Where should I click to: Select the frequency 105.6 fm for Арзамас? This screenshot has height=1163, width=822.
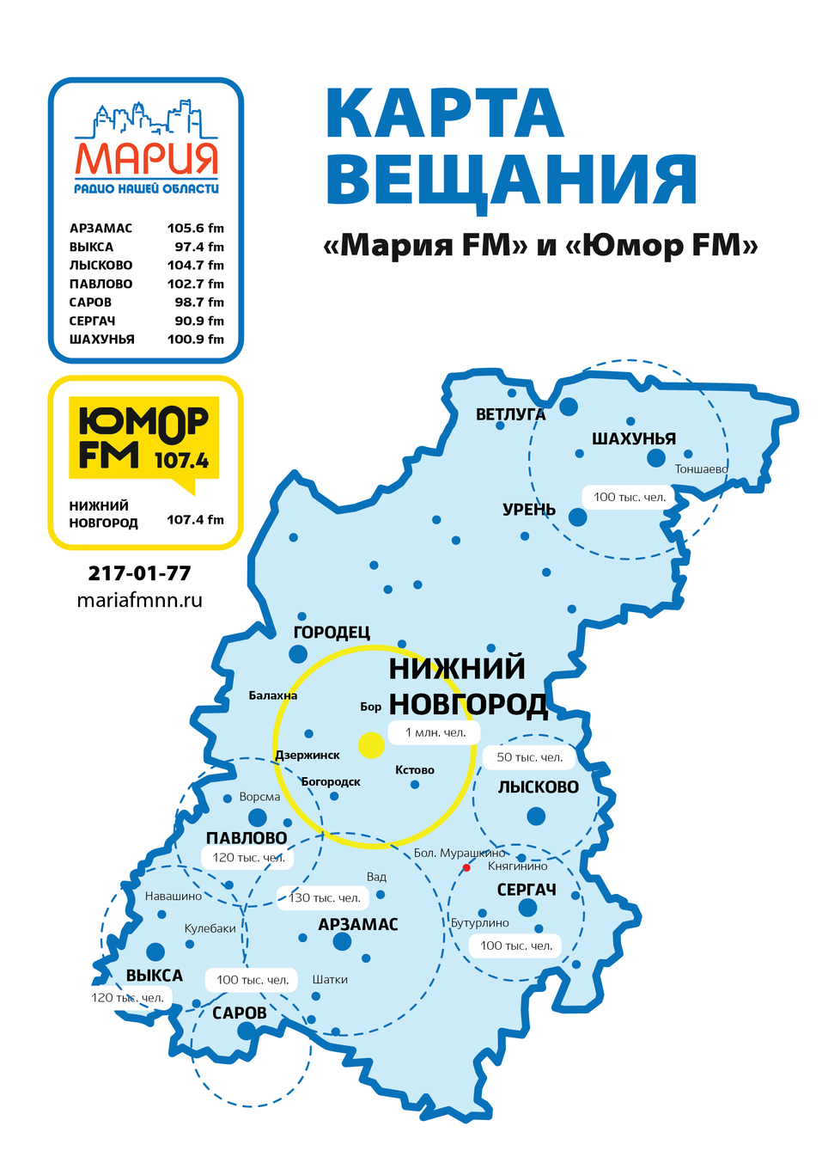point(195,229)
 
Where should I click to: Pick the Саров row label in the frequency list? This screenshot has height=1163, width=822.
point(90,303)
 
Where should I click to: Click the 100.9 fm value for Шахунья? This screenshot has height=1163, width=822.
point(195,340)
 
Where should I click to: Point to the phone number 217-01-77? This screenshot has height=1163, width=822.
point(139,573)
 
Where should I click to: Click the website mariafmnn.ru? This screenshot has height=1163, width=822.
point(139,600)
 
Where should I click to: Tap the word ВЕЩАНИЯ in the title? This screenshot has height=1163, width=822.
point(510,180)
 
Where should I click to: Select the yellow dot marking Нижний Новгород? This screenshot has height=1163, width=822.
point(371,745)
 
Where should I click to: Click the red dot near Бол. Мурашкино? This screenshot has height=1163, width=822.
point(466,867)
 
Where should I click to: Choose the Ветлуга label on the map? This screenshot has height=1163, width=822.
point(510,414)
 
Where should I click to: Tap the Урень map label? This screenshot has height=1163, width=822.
point(528,510)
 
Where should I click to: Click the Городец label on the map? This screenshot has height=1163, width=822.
point(332,633)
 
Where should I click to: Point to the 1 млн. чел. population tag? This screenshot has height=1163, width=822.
point(435,733)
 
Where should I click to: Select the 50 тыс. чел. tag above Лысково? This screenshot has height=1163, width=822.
point(529,757)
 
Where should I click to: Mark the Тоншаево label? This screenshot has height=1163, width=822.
point(700,469)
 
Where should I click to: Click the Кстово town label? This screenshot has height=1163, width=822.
point(414,770)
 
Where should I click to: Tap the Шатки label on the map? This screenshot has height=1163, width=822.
point(330,980)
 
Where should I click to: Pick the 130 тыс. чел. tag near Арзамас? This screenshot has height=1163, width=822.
point(324,898)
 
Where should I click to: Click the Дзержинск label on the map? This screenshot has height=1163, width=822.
point(307,756)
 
